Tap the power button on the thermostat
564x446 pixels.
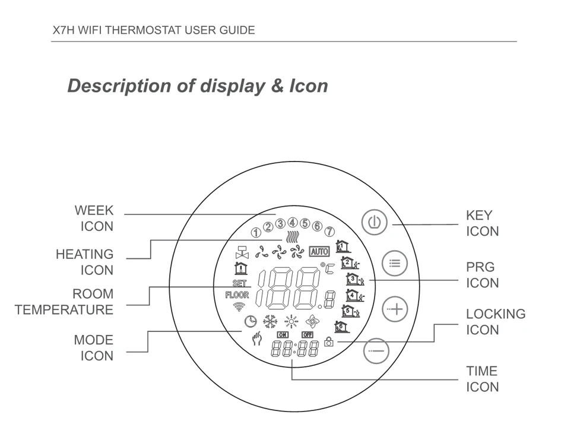[x=373, y=223]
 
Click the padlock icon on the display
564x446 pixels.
[x=328, y=343]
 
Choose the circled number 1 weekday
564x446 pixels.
[x=256, y=232]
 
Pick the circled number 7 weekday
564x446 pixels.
[x=329, y=232]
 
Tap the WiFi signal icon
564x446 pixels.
[x=239, y=307]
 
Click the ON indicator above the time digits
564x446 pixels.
[x=282, y=334]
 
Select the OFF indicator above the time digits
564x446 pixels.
[x=307, y=334]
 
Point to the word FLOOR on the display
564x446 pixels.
[x=237, y=295]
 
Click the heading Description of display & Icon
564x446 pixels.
[x=197, y=86]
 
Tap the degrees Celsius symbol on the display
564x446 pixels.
[x=328, y=270]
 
